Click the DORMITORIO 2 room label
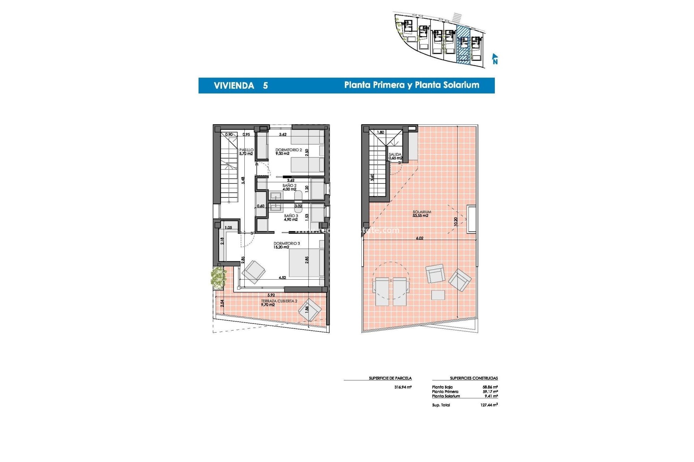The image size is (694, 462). [x=288, y=150]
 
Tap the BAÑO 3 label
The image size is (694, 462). [x=291, y=216]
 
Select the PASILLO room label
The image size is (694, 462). [x=246, y=150]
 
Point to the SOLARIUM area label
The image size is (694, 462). [x=421, y=212]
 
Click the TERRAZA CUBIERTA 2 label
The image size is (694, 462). [x=279, y=301]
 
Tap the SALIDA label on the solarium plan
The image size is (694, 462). [x=395, y=154]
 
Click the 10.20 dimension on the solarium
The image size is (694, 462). [x=456, y=222]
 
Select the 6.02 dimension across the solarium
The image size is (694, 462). [x=419, y=238]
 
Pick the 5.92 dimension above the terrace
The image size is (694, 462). [x=271, y=295]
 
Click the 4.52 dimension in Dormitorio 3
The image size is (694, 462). [x=282, y=278]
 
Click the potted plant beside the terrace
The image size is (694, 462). [x=218, y=278]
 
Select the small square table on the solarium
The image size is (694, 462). [x=438, y=295]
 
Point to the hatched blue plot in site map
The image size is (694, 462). [x=463, y=45]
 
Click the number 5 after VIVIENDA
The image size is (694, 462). [x=265, y=86]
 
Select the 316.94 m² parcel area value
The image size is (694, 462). [x=403, y=387]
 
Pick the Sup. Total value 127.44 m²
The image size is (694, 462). [x=489, y=405]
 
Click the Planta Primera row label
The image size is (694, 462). [x=445, y=392]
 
